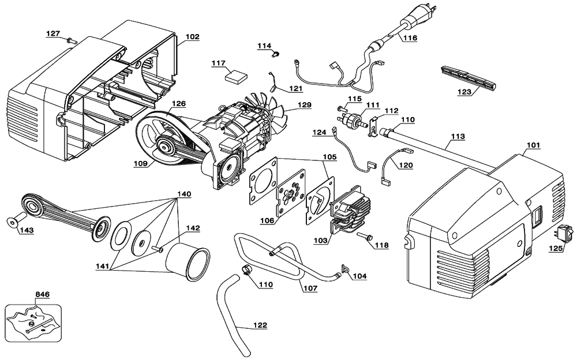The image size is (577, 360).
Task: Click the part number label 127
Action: coord(53,33)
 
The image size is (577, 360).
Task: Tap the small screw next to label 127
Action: coord(72,40)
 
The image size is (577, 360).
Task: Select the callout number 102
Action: coord(193,37)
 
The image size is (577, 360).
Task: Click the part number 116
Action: coord(410,37)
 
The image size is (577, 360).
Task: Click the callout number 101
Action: coord(533,145)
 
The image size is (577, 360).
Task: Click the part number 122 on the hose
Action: coord(260,325)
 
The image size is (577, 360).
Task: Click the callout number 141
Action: coord(103,266)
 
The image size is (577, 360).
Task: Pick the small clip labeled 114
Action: coord(275,54)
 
